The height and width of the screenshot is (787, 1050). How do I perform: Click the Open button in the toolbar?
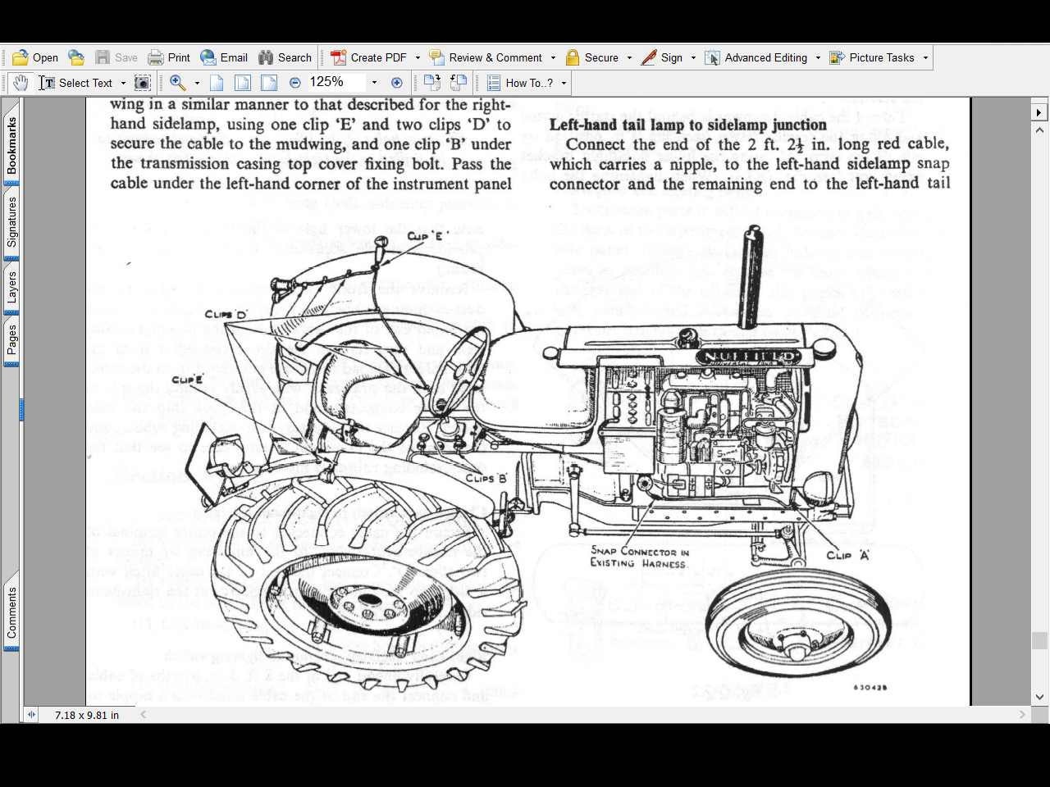[34, 57]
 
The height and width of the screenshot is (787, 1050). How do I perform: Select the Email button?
[224, 57]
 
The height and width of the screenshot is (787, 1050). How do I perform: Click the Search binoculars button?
[285, 57]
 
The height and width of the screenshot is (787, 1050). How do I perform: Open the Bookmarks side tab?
[11, 146]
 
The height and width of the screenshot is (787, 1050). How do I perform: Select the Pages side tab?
[11, 339]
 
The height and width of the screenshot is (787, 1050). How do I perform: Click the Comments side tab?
[11, 613]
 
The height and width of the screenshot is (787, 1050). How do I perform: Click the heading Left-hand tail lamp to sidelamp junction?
[687, 125]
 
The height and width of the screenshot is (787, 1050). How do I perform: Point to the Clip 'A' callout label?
[847, 555]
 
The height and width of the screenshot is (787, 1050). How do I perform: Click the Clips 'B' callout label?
[486, 478]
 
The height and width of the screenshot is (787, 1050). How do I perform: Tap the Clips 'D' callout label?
[226, 314]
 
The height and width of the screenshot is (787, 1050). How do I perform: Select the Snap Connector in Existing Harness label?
[639, 557]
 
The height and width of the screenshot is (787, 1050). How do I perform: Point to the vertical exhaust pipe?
[751, 279]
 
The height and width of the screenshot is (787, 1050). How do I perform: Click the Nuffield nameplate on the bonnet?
[747, 357]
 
